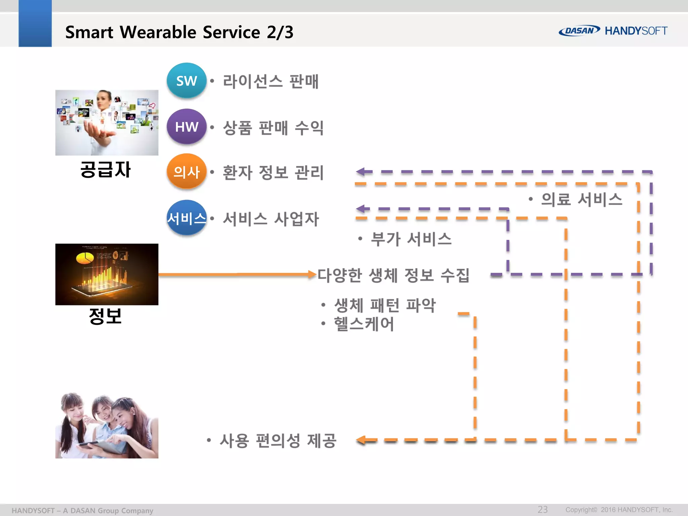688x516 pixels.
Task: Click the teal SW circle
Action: coord(186,81)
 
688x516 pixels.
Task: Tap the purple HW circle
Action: coord(186,127)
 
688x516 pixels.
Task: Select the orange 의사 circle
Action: coord(186,172)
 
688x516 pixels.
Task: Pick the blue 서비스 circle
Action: coord(186,218)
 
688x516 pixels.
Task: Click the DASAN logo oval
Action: coord(579,31)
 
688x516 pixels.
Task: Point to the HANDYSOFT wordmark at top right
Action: coord(636,31)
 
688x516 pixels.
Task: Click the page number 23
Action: coord(543,509)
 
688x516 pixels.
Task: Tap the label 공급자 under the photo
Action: coord(105,169)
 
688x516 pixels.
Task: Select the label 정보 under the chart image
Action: coord(105,316)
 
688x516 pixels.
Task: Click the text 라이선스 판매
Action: coord(271,82)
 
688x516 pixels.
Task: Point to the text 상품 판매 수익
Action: coord(273,128)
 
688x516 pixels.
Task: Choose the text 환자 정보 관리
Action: coord(273,173)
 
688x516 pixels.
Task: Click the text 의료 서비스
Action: coord(582,199)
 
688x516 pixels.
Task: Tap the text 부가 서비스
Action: coord(411,239)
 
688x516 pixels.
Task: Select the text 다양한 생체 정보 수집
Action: coord(393,275)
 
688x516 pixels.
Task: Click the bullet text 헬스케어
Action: coord(364,324)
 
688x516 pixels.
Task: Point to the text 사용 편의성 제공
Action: coord(278,440)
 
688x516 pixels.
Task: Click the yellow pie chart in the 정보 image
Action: coord(85,258)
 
